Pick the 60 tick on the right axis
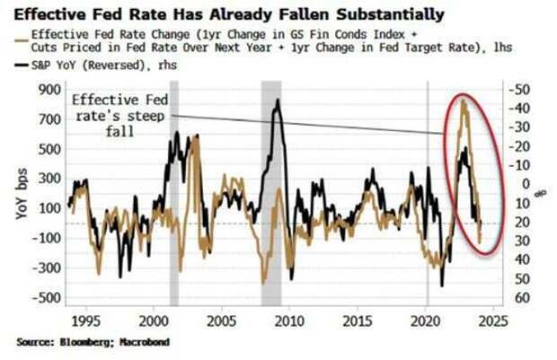click(518, 298)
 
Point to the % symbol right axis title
click(542, 192)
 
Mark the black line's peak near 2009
click(277, 100)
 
